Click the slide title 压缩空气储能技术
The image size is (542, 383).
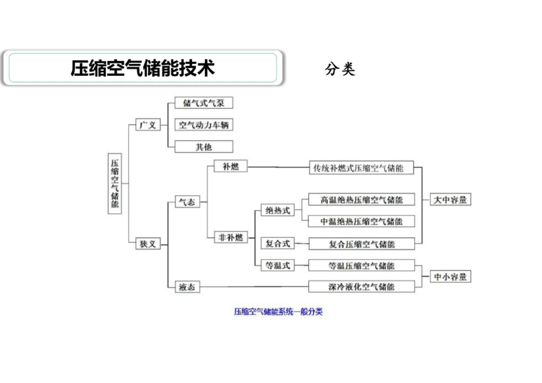143,68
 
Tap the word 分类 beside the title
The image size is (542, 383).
340,69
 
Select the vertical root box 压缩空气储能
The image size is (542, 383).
115,183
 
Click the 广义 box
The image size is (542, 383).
148,125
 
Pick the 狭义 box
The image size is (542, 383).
148,244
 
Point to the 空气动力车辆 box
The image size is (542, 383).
203,125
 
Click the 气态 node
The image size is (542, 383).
187,202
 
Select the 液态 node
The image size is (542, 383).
187,287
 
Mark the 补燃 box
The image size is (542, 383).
231,166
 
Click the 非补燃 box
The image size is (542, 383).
231,237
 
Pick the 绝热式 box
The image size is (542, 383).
278,211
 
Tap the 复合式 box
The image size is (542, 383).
278,244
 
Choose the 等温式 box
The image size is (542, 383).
278,265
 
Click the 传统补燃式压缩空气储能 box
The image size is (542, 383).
361,168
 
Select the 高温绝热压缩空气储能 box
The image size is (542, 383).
361,200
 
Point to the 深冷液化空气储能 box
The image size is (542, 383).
361,287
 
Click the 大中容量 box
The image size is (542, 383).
450,200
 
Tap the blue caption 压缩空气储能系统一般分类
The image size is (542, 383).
278,312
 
